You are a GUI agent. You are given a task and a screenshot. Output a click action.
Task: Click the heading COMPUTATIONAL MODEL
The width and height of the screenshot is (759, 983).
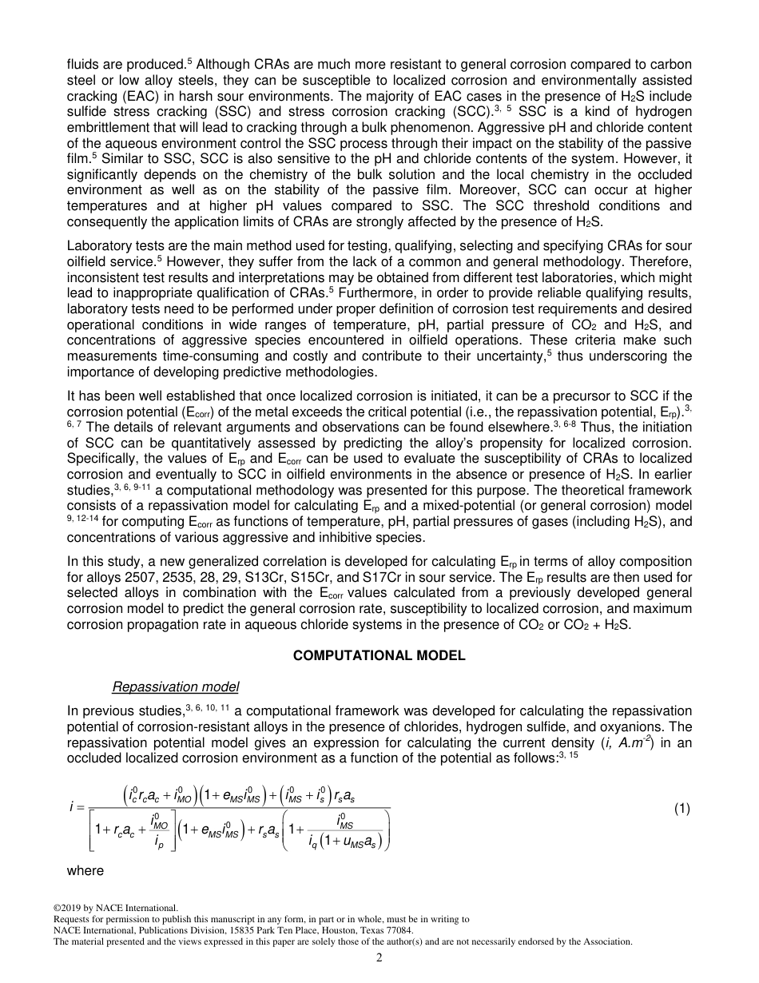[x=379, y=655]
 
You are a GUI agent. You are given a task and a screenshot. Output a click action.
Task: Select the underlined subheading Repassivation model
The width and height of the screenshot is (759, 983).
[x=175, y=687]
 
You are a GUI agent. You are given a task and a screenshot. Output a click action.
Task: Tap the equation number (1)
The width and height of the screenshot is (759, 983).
[x=682, y=809]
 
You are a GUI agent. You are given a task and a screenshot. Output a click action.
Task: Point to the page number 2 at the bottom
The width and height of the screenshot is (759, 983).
[x=379, y=959]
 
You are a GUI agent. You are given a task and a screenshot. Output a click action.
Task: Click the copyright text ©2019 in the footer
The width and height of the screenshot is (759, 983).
[x=69, y=908]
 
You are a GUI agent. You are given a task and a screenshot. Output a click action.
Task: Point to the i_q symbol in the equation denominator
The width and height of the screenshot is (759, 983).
[x=314, y=839]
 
